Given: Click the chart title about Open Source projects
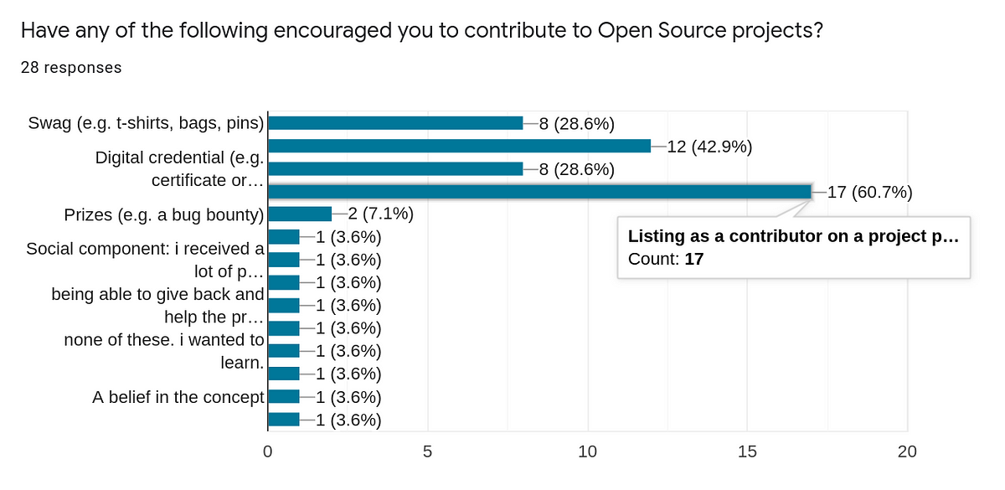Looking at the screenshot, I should [421, 31].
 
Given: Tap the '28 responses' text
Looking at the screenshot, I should [71, 68].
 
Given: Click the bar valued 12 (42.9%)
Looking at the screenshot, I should [459, 146].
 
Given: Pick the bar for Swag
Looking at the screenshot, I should [394, 123].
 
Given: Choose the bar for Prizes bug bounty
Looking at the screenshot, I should [299, 214].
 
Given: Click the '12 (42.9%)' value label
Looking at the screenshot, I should [709, 147].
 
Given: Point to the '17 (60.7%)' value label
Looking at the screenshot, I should [869, 192].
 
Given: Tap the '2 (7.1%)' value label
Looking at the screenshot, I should [374, 214].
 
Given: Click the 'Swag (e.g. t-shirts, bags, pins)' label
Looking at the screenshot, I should [146, 124].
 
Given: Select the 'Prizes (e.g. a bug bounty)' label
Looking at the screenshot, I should [164, 214].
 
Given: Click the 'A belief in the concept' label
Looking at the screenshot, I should [178, 397].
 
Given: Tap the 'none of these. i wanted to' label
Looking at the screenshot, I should [164, 340].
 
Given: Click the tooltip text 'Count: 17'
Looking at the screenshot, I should [666, 259].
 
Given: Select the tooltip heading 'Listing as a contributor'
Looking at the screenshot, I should [792, 236].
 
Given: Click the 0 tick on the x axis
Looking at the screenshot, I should [267, 451].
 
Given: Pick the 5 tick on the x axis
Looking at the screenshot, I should [428, 451].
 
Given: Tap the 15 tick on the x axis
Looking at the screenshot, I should [747, 451].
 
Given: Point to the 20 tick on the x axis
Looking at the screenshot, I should [907, 451].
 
